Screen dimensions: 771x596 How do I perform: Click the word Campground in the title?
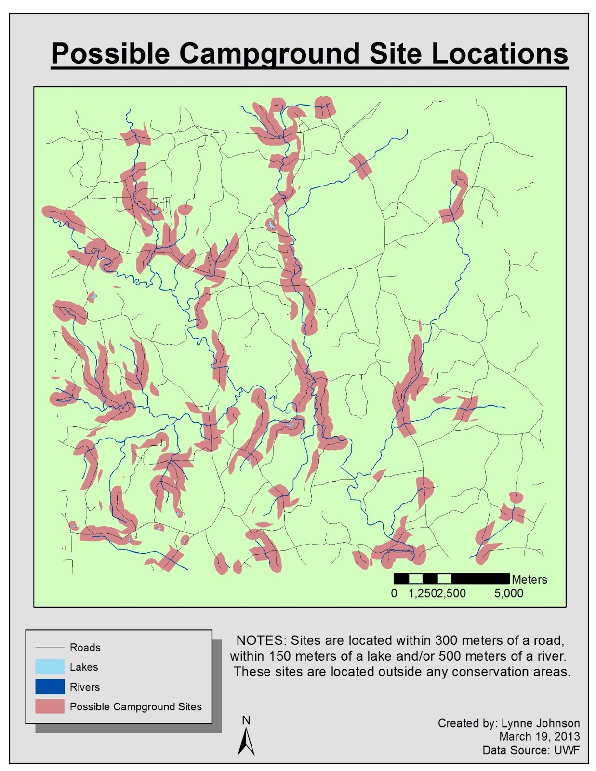point(270,54)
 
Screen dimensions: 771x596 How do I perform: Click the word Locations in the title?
point(500,54)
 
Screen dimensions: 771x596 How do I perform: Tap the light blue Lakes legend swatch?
point(50,667)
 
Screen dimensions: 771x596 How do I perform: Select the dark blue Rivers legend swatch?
point(50,687)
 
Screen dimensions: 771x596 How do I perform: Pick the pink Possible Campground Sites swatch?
point(50,706)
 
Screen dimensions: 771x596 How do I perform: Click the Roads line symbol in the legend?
point(50,647)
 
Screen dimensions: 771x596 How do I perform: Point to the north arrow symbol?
point(246,742)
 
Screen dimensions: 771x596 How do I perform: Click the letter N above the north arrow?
point(246,720)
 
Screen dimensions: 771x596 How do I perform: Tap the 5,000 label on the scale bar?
point(508,593)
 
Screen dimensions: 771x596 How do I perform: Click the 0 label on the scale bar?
point(394,593)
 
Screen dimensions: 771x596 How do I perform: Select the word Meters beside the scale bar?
point(530,580)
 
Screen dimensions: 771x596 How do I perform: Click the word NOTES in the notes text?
point(261,640)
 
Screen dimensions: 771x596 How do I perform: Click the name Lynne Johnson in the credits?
point(541,723)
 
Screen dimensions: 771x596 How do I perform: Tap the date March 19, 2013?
point(539,737)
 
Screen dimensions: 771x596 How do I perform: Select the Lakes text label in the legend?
point(84,667)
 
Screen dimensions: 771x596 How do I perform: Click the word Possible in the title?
point(110,54)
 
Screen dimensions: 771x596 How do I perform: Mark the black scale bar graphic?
point(451,579)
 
